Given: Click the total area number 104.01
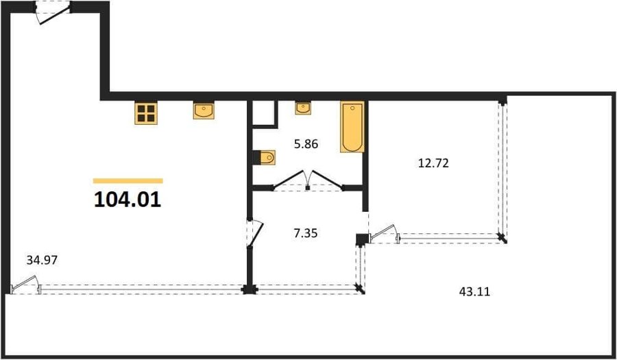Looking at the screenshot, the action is pos(128,200).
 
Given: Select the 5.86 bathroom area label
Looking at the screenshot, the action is pos(306,145).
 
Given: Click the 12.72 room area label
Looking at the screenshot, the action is pos(433,163).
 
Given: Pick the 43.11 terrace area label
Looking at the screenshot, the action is pos(474,292).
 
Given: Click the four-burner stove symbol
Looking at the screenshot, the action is pos(146,113).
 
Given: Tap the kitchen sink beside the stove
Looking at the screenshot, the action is pos(204,110).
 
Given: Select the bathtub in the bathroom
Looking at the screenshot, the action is pos(352,127).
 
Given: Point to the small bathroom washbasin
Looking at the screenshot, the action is pos(303,108).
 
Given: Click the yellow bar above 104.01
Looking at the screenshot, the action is pos(128,181).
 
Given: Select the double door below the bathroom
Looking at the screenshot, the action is pos(308,181).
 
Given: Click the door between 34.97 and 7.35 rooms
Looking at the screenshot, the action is pos(254,233).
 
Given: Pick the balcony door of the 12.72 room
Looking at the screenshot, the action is pos(384,234).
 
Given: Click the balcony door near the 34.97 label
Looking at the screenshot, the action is pos(25,285).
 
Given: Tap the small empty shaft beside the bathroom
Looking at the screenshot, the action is pos(263,113).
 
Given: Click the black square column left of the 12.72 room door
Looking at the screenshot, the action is pos(361,239).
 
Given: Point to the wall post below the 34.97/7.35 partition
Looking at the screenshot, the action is pos(250,289).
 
